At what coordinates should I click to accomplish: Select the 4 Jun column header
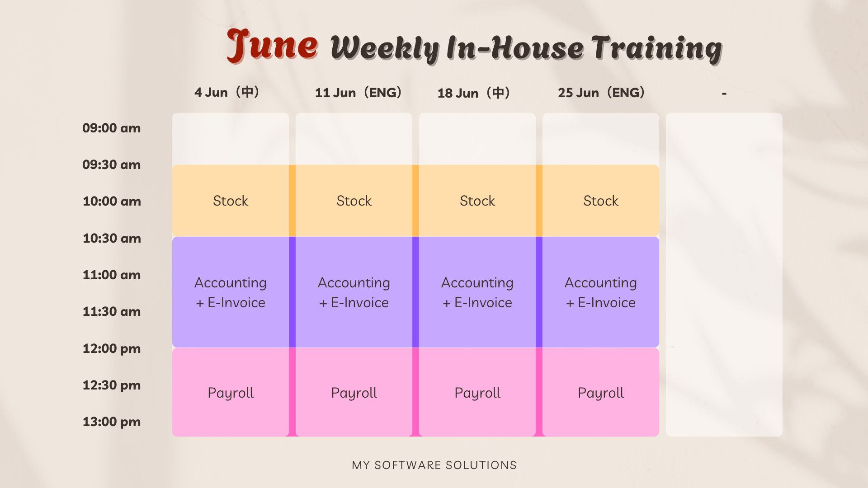[x=227, y=92]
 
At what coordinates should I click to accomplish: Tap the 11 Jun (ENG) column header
[x=359, y=93]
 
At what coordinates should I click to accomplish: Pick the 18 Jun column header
[x=474, y=93]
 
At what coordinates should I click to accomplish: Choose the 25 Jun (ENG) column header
[x=601, y=93]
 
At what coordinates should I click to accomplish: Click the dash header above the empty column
[x=724, y=94]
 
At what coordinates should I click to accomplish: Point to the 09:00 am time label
[x=111, y=128]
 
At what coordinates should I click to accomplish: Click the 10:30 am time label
[x=112, y=238]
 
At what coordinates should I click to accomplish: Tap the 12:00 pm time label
[x=112, y=348]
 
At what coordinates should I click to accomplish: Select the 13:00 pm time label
[x=112, y=422]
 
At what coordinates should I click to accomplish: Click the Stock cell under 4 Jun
[x=231, y=201]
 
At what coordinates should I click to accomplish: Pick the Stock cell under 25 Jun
[x=601, y=201]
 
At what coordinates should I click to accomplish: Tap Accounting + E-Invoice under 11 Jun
[x=354, y=292]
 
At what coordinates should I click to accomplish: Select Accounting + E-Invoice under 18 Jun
[x=477, y=292]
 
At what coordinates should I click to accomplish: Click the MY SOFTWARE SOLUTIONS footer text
[x=434, y=465]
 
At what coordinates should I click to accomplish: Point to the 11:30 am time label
[x=112, y=311]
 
